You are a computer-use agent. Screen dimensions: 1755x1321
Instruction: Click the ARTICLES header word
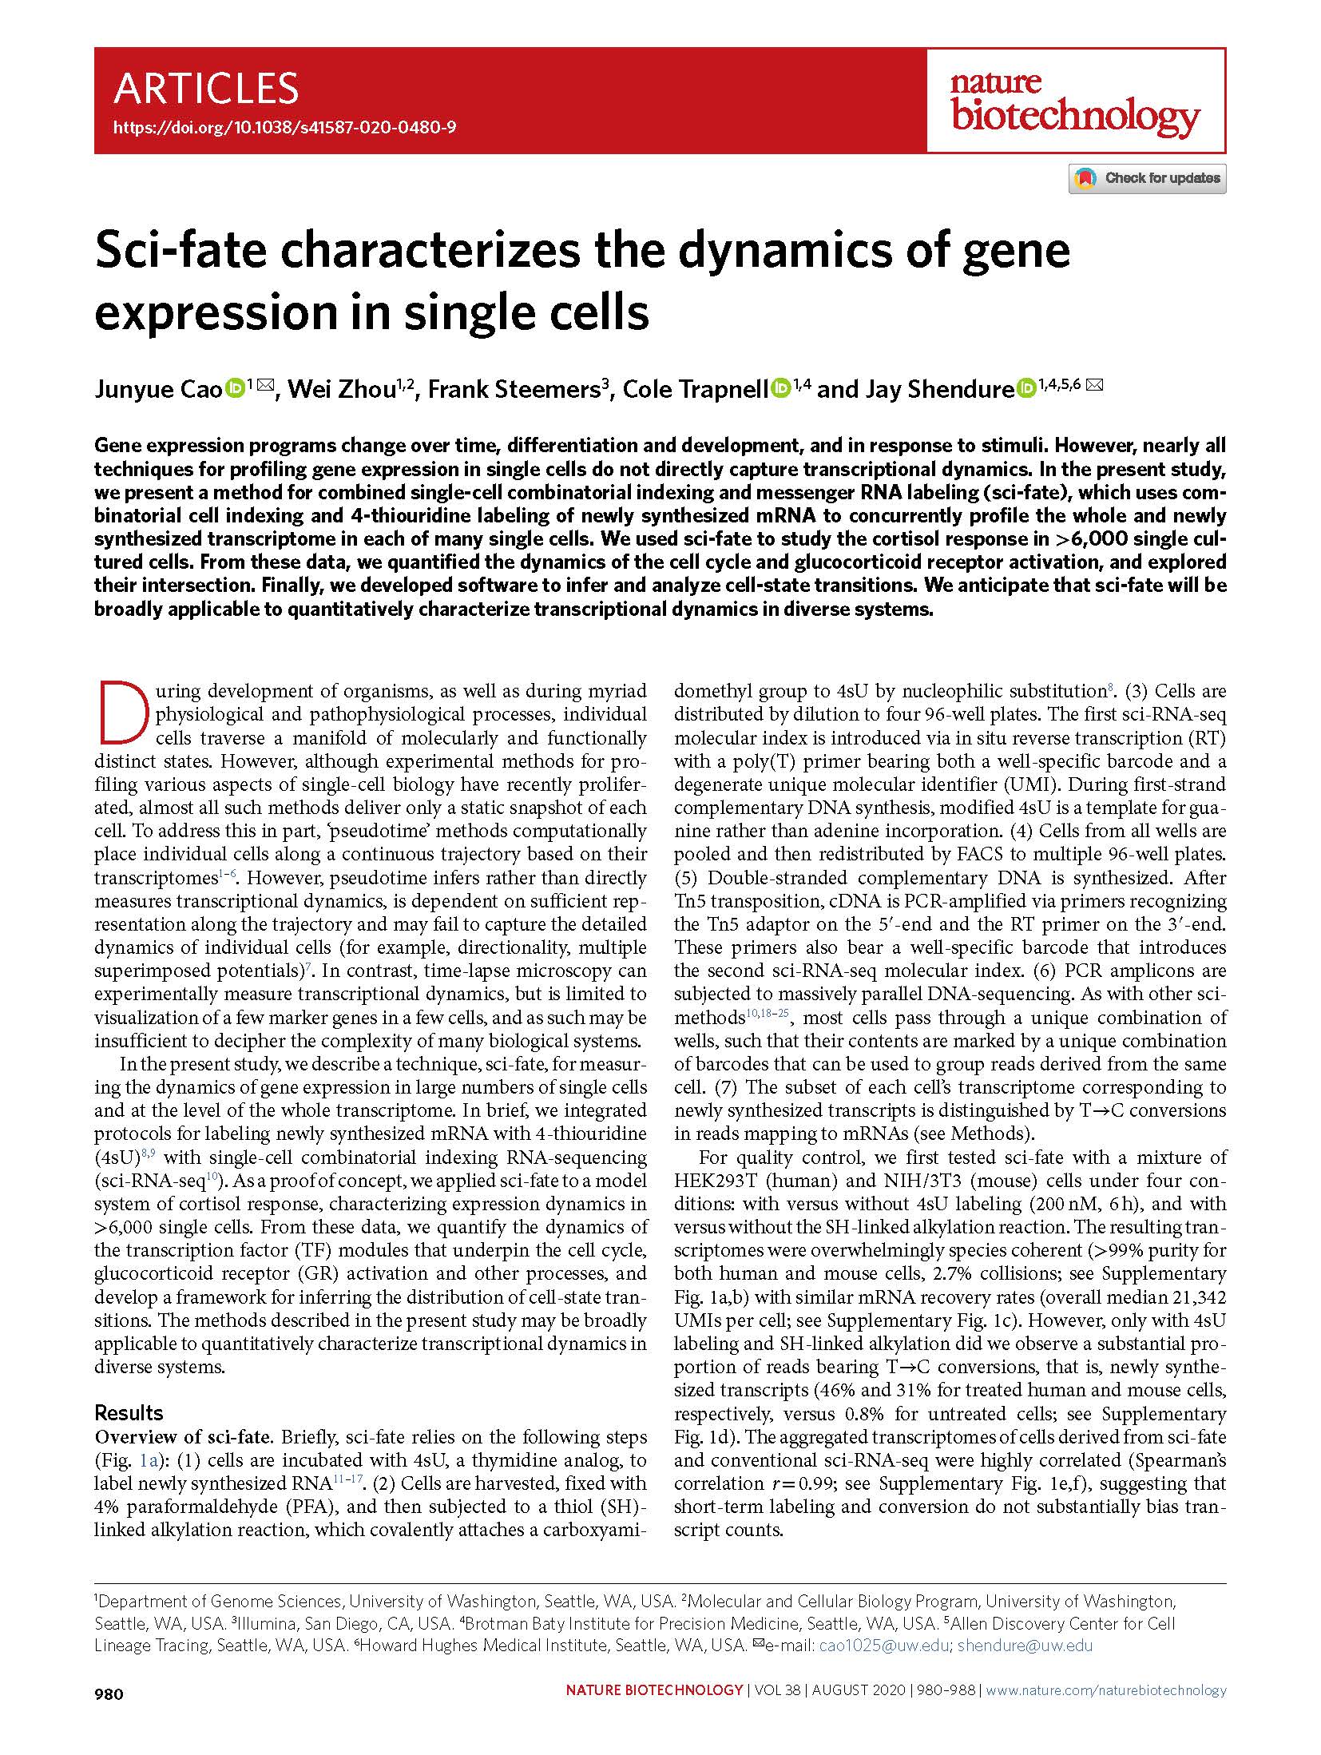tap(206, 89)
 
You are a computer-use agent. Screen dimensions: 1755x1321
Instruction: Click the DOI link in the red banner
tap(285, 127)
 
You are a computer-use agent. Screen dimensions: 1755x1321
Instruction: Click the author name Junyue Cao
tap(157, 389)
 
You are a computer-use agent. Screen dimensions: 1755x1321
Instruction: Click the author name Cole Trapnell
tap(694, 389)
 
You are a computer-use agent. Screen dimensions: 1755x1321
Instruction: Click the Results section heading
tap(129, 1412)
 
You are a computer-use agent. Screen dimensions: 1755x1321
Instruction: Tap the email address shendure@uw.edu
tap(1025, 1645)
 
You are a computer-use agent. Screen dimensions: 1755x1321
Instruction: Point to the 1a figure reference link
tap(149, 1460)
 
